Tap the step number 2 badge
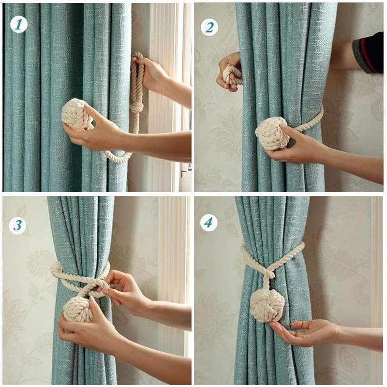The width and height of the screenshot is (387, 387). click(x=209, y=28)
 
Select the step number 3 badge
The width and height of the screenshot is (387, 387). click(x=17, y=225)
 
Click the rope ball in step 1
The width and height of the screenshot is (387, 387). click(x=75, y=114)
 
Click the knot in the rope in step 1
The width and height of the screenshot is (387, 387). click(x=136, y=107)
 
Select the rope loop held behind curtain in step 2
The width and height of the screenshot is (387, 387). click(x=232, y=75)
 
